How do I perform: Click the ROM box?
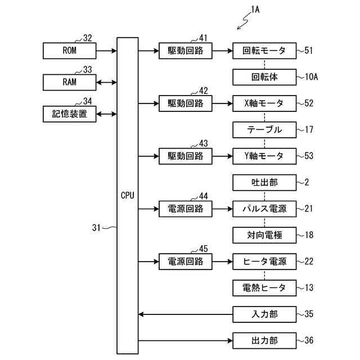pyautogui.click(x=69, y=51)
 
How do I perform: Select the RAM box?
pyautogui.click(x=69, y=82)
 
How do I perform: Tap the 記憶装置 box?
pyautogui.click(x=69, y=114)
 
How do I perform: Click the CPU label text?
pyautogui.click(x=128, y=195)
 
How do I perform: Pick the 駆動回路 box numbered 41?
pyautogui.click(x=186, y=51)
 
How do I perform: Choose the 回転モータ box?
pyautogui.click(x=264, y=51)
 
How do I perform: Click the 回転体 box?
pyautogui.click(x=264, y=77)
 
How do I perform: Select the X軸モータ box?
pyautogui.click(x=264, y=103)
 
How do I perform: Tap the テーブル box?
pyautogui.click(x=264, y=130)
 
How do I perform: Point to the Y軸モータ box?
pyautogui.click(x=264, y=156)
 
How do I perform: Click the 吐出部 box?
pyautogui.click(x=264, y=182)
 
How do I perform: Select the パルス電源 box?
pyautogui.click(x=264, y=209)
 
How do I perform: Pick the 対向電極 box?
pyautogui.click(x=264, y=235)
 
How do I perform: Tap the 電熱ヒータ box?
pyautogui.click(x=264, y=288)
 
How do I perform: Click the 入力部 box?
pyautogui.click(x=264, y=314)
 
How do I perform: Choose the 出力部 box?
pyautogui.click(x=264, y=341)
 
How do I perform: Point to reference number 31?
pyautogui.click(x=96, y=228)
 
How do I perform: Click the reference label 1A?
pyautogui.click(x=255, y=10)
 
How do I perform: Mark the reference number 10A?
pyautogui.click(x=311, y=77)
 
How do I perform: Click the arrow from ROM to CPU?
pyautogui.click(x=106, y=51)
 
